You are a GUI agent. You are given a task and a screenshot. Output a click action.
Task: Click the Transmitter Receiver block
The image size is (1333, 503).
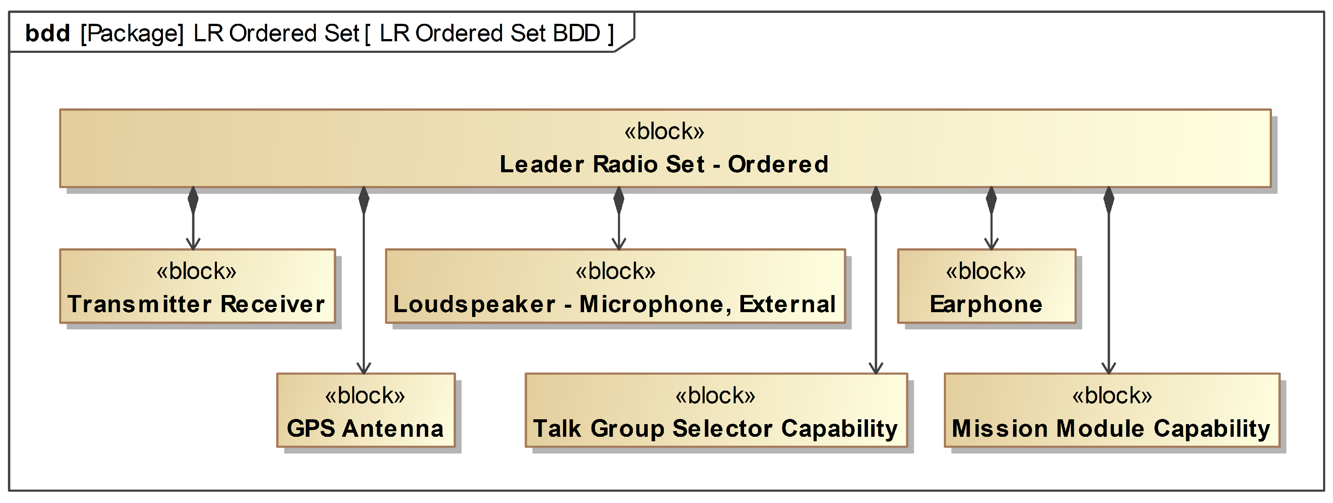click(197, 286)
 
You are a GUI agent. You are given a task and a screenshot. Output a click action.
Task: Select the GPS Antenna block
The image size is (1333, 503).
click(365, 410)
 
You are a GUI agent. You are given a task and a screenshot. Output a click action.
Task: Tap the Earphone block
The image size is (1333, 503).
click(986, 286)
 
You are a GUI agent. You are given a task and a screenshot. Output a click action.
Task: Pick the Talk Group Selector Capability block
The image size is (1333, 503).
click(716, 410)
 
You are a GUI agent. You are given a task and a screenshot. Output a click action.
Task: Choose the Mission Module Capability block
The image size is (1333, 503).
click(1112, 410)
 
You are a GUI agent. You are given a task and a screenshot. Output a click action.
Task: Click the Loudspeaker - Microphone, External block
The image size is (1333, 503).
click(615, 286)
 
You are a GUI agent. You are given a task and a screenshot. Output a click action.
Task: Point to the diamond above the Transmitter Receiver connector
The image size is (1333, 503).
click(193, 200)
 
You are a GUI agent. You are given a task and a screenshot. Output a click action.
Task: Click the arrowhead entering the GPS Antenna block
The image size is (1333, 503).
click(364, 368)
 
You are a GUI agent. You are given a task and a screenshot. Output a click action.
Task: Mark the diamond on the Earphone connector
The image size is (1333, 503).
click(991, 200)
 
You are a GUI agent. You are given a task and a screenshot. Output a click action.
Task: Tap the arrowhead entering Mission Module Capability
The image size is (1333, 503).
click(1108, 368)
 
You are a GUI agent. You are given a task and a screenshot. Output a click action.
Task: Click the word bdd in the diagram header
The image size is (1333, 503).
click(48, 33)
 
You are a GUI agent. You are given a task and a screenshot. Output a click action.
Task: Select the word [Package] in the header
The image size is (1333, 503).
click(132, 33)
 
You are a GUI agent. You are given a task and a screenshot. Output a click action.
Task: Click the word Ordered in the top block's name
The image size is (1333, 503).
click(778, 164)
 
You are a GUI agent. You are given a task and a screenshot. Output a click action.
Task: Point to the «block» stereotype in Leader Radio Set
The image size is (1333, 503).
click(664, 131)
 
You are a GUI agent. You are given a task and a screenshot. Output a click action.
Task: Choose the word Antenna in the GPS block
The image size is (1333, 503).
click(393, 429)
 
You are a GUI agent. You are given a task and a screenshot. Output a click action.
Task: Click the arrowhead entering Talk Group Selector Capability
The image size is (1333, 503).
click(875, 368)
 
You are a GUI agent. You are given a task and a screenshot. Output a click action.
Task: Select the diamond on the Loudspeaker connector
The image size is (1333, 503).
click(618, 200)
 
